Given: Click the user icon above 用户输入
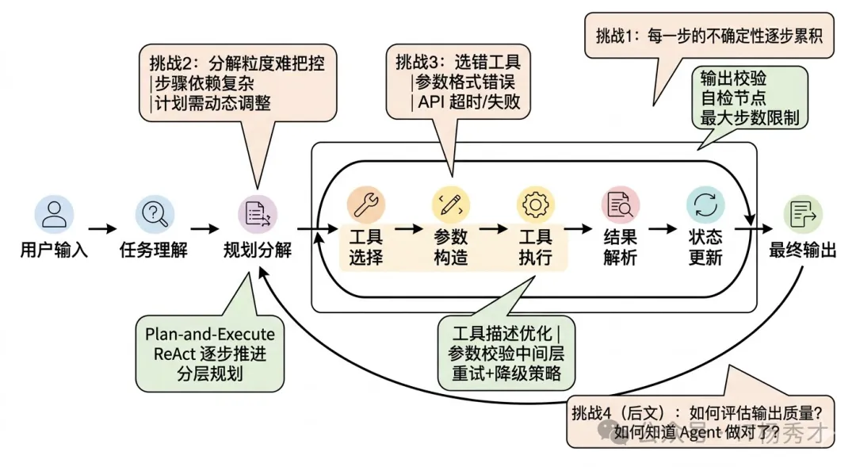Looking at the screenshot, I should pos(54,213).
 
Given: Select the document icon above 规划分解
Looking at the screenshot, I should pos(258,213).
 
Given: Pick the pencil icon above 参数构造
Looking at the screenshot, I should pos(450,205).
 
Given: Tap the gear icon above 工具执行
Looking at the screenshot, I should pos(535,205).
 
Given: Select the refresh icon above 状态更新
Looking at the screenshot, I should pos(705,205).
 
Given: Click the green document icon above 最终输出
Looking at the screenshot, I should pos(802,213).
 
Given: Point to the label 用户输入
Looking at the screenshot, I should pos(54,251).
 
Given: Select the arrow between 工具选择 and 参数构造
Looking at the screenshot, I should pos(409,229).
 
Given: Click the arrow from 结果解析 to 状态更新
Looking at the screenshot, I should pos(663,229).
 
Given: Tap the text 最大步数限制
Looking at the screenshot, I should pos(749,119).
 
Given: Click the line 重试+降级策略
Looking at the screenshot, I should pos(506,374).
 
